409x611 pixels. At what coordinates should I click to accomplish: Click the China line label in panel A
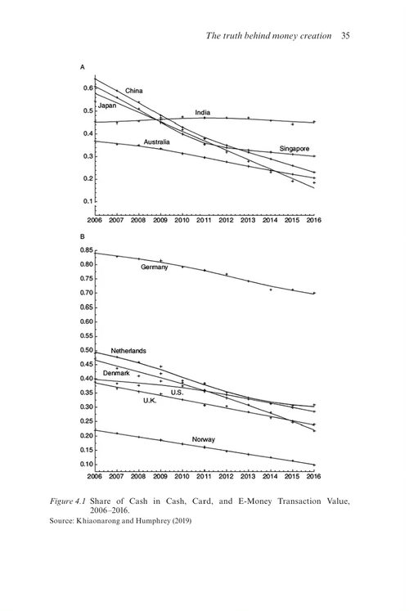(x=133, y=91)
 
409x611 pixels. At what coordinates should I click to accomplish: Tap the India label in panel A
(x=203, y=113)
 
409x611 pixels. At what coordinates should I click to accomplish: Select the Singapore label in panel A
(x=294, y=149)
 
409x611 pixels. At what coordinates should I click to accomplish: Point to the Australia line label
(x=156, y=142)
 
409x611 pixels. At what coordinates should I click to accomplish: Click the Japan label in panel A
(x=107, y=106)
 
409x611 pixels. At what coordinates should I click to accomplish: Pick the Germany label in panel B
(x=155, y=267)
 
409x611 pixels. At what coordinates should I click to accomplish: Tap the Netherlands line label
(x=128, y=351)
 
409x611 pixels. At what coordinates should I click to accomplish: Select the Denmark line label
(x=116, y=373)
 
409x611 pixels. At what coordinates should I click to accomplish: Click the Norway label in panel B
(x=204, y=439)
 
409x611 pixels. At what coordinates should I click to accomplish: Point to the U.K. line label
(x=150, y=401)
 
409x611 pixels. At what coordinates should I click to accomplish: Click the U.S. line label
(x=177, y=393)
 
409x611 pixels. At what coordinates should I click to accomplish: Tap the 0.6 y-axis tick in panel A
(x=88, y=88)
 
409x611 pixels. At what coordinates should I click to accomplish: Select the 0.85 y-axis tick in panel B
(x=87, y=250)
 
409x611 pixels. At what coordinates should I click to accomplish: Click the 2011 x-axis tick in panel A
(x=204, y=220)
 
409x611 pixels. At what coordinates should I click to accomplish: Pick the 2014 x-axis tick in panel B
(x=270, y=476)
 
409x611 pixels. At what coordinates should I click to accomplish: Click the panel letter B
(x=82, y=236)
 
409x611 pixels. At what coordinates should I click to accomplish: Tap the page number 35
(x=345, y=36)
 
